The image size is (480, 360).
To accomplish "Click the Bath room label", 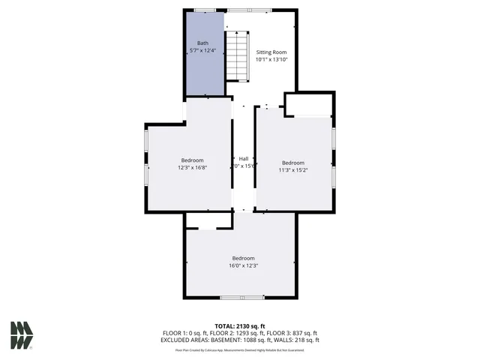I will tap(203, 43).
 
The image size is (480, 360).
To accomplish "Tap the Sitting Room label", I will tap(271, 52).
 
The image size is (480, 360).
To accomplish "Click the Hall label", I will tap(244, 158).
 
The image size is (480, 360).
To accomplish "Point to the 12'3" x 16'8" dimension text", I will tap(193, 168).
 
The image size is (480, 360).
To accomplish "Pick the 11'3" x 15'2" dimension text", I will tap(293, 170).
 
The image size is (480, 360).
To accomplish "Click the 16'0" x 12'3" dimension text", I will tap(243, 265).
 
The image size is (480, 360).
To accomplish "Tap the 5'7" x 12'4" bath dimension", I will tap(203, 51).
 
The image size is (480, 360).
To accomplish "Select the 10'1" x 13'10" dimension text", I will tap(271, 59).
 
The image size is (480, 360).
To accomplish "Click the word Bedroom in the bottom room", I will tap(243, 258).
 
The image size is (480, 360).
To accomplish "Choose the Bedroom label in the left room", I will tap(193, 160).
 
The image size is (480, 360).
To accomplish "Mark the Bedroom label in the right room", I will tap(293, 163).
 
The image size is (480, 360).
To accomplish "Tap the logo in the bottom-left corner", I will tap(22, 335).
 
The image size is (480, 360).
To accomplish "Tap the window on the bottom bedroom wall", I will tap(241, 298).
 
